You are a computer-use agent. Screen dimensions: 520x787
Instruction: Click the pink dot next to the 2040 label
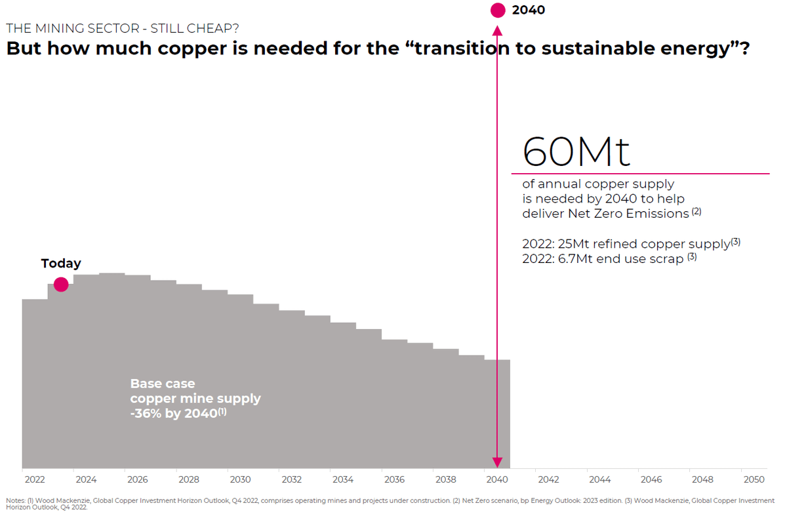pyautogui.click(x=498, y=10)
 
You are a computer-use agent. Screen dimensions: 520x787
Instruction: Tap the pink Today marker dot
pyautogui.click(x=61, y=284)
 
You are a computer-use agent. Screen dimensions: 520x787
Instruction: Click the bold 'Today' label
pyautogui.click(x=61, y=263)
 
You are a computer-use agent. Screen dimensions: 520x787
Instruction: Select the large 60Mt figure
pyautogui.click(x=576, y=151)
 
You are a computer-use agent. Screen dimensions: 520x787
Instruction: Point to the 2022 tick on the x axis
pyautogui.click(x=35, y=479)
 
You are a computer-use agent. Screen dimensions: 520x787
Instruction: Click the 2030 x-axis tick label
pyautogui.click(x=240, y=479)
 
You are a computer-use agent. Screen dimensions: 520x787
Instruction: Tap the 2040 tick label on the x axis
pyautogui.click(x=497, y=479)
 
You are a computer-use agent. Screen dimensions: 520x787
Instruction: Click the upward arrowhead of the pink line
pyautogui.click(x=498, y=30)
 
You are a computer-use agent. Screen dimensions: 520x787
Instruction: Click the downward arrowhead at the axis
pyautogui.click(x=498, y=462)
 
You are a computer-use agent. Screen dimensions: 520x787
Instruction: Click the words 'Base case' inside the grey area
pyautogui.click(x=162, y=384)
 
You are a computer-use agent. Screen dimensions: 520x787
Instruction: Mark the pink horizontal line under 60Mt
pyautogui.click(x=640, y=174)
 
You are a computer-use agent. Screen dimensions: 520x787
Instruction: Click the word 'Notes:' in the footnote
pyautogui.click(x=15, y=501)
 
